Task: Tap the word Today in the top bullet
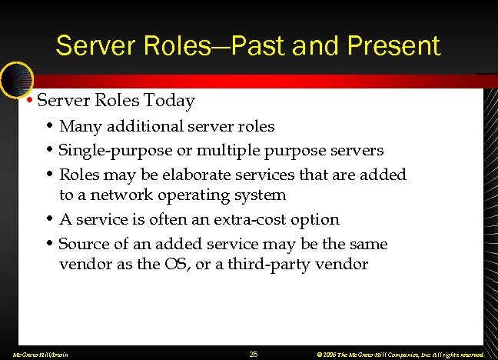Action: tap(171, 101)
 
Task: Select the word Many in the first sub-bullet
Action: tap(79, 126)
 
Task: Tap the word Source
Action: tap(84, 244)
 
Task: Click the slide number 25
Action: tap(254, 354)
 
